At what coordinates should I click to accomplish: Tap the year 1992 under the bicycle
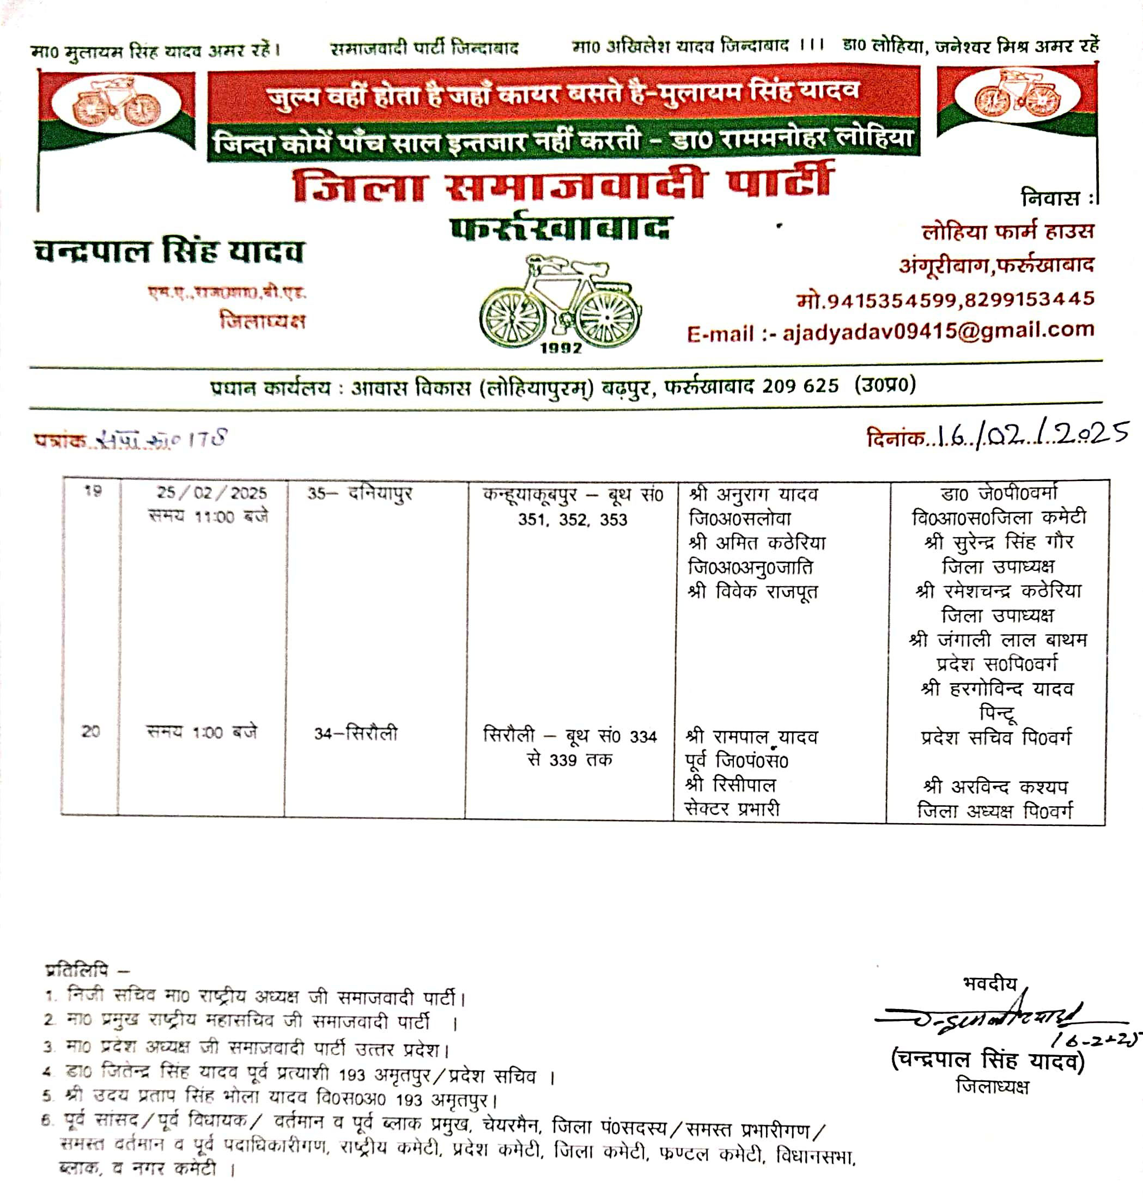coord(561,349)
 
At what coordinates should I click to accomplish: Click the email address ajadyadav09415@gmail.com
coord(938,331)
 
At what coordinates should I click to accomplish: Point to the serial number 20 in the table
coord(90,732)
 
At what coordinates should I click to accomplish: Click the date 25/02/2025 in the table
coord(211,493)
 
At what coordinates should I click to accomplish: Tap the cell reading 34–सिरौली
coord(356,733)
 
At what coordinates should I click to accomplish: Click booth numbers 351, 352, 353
coord(572,520)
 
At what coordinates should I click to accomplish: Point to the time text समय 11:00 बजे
coord(208,517)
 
